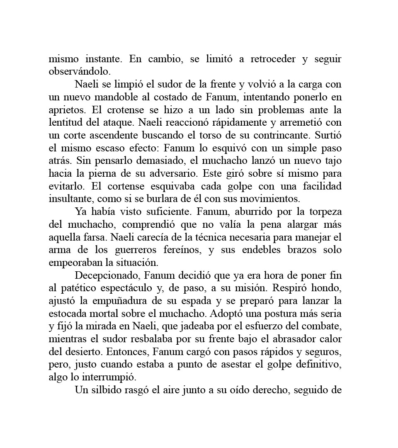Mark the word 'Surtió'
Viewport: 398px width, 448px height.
[328, 135]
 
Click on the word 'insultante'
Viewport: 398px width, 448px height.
[71, 199]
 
